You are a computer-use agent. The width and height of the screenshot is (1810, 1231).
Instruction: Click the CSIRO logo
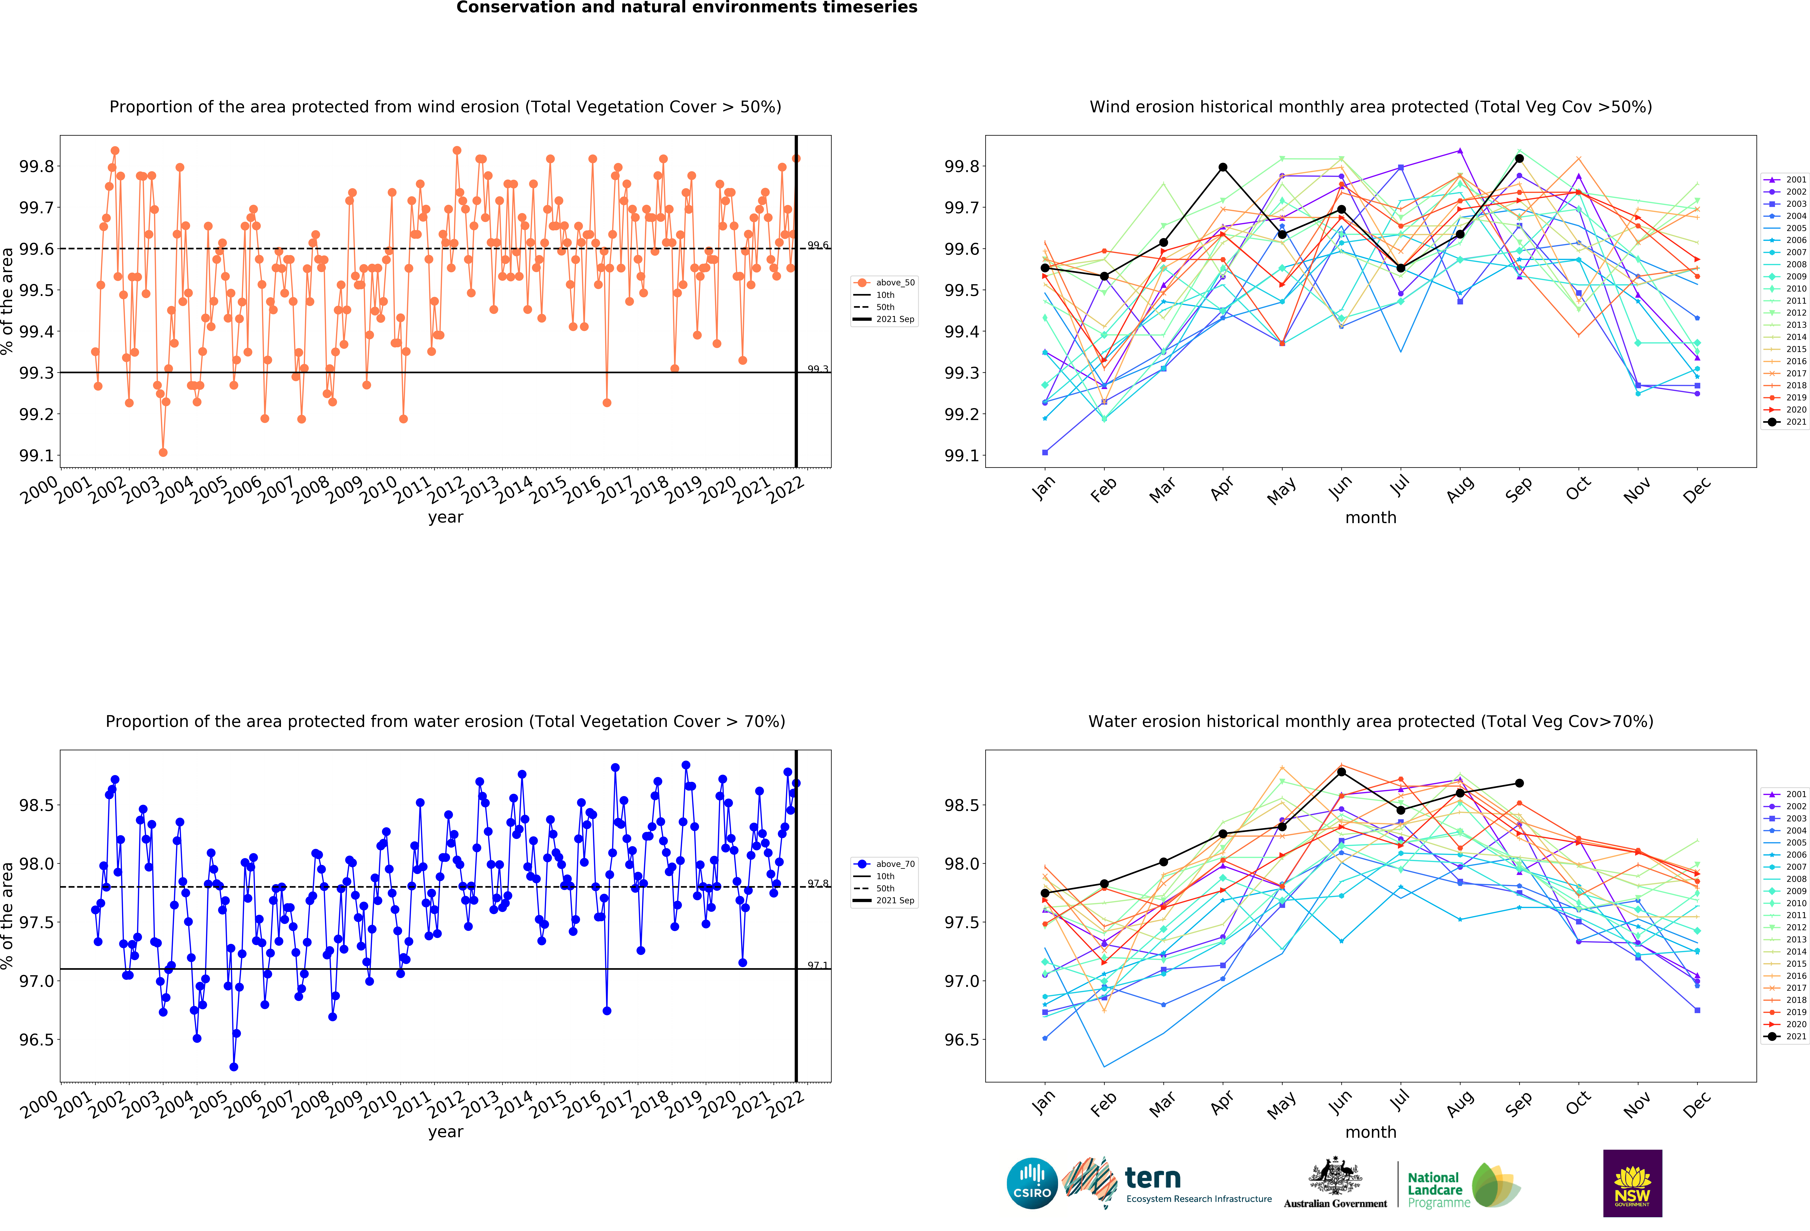1032,1183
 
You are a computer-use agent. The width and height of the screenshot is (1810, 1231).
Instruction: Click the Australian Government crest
1335,1176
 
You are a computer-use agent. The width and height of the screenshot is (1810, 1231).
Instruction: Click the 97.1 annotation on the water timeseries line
818,965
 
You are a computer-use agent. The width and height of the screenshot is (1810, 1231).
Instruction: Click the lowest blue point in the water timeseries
234,1067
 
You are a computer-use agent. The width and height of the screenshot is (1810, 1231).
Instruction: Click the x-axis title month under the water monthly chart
1371,1132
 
